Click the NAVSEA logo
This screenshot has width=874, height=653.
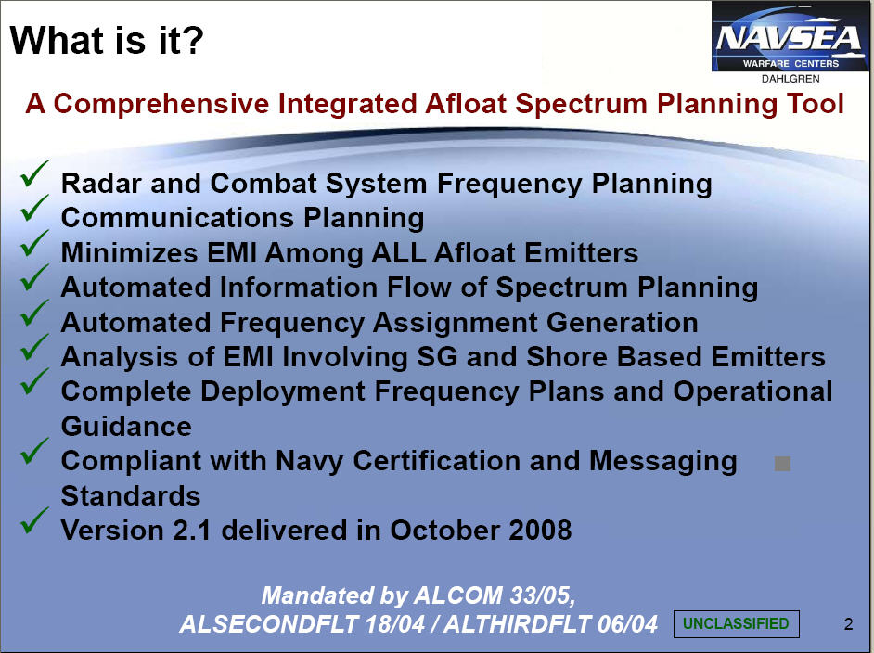coord(790,36)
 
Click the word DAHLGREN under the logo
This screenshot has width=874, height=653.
coord(790,79)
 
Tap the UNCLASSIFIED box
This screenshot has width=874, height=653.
coord(737,623)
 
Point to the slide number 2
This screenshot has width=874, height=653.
coord(848,624)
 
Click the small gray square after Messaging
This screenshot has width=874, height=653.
coord(782,464)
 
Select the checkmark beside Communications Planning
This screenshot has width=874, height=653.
coord(34,208)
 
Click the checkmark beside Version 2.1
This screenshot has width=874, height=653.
coord(34,521)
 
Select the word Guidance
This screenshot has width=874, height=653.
coord(126,427)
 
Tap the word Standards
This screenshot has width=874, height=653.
coord(131,496)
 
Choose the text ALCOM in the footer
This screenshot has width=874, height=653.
coord(457,595)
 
